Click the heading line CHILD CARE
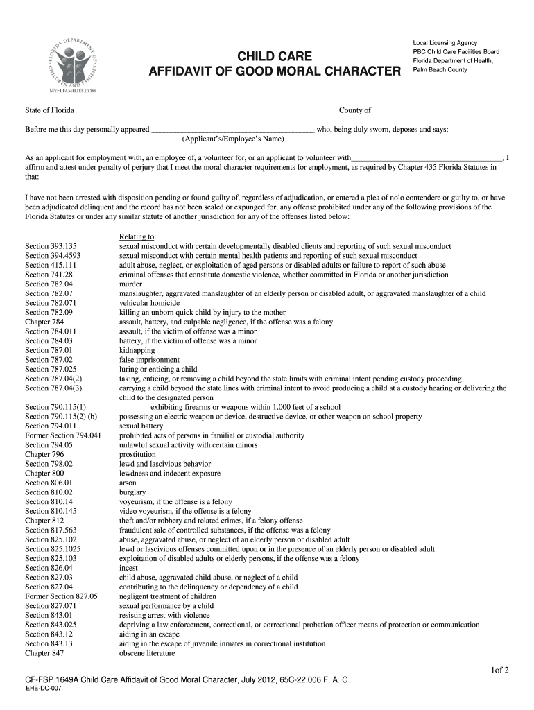coord(275,56)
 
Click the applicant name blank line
coord(232,130)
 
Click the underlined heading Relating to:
coord(137,236)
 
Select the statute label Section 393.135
coord(51,246)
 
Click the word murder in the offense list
coord(131,284)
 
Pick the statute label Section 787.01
coord(49,350)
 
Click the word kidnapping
coord(137,350)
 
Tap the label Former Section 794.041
coord(63,435)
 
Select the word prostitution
coord(137,454)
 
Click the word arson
coord(128,483)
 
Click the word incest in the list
coord(128,568)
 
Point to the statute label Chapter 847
coord(44,653)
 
